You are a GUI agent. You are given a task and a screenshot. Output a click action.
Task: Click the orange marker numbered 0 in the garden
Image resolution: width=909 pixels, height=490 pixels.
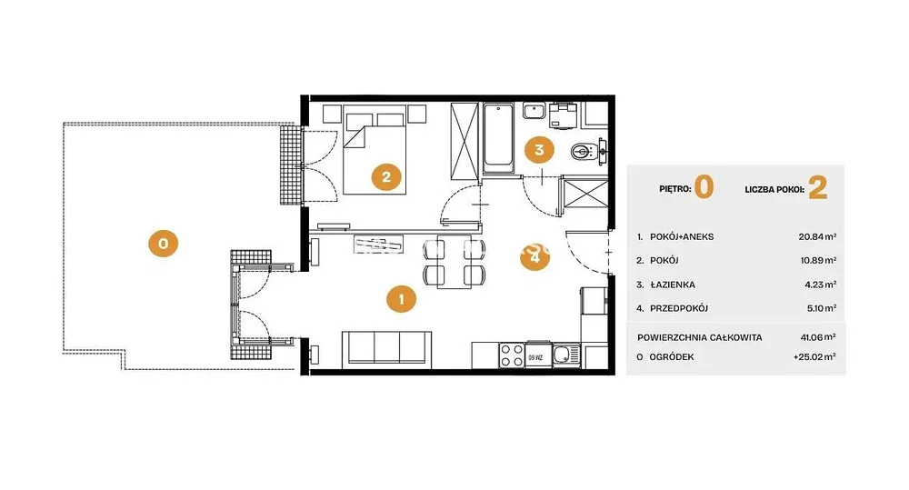point(163,244)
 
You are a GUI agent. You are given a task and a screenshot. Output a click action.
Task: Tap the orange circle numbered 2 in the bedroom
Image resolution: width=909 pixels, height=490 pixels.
point(386,177)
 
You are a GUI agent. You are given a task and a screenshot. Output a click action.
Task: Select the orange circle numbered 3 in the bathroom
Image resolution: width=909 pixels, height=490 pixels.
point(539,150)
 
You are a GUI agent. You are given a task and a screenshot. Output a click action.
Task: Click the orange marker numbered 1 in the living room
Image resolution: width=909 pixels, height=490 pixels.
point(401,299)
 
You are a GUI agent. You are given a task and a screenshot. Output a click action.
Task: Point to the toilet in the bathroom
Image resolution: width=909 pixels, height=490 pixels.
point(584,152)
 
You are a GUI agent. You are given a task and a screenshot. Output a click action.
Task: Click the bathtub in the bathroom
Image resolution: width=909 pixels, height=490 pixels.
point(498,138)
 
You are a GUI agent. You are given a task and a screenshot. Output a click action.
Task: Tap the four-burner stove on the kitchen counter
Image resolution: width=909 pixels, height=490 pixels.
point(512,355)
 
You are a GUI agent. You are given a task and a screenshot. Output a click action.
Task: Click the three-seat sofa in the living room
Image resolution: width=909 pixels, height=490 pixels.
point(386,349)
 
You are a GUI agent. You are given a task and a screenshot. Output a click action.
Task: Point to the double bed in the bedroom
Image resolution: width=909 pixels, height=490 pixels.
point(375,153)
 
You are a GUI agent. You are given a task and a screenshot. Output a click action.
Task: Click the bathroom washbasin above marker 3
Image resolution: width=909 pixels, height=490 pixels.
point(534,110)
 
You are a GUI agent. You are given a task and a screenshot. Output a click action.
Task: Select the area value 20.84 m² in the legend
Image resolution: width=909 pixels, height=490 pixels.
point(817,236)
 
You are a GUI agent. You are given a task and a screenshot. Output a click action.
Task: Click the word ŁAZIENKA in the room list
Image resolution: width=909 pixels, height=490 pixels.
point(673,285)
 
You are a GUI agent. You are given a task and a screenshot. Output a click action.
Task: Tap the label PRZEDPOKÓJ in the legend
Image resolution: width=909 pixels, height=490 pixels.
point(679,308)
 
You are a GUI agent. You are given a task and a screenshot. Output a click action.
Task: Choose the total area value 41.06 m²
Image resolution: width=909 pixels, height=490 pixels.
point(818,337)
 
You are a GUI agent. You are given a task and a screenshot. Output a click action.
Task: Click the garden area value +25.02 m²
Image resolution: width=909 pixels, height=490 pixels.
point(814,357)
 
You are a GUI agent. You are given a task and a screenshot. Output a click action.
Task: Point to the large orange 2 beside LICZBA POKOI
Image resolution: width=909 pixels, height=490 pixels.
point(818,188)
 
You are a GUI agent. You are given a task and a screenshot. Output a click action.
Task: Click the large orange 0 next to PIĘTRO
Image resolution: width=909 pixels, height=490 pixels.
point(704,187)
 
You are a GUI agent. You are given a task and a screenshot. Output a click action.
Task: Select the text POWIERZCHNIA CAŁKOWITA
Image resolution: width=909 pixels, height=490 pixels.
point(700,337)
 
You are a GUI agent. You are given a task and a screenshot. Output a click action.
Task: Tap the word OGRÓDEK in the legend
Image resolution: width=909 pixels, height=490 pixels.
point(672,357)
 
